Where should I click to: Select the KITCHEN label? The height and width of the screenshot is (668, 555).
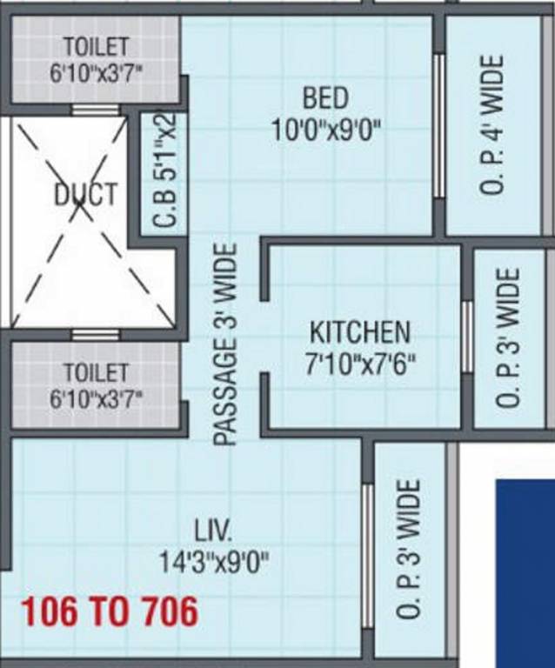coord(359,331)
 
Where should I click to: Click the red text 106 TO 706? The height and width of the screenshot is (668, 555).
coord(110,612)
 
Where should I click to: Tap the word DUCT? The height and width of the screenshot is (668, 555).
coord(84,193)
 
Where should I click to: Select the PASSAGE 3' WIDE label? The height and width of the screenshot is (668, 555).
coord(225,345)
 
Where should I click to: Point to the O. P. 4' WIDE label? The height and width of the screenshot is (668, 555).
coord(491,124)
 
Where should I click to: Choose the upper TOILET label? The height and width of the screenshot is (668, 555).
coord(96,46)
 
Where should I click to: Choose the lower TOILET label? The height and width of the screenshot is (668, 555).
coord(96,373)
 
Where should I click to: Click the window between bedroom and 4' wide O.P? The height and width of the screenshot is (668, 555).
coord(439,126)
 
